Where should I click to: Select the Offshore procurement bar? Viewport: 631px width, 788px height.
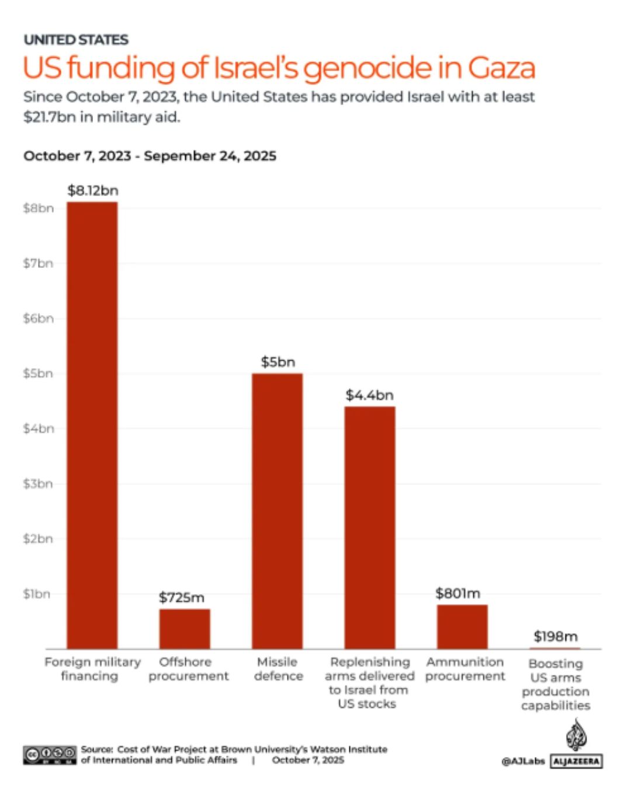coord(185,629)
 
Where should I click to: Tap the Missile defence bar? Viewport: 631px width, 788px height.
coord(277,511)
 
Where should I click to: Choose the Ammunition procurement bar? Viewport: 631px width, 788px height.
coord(462,626)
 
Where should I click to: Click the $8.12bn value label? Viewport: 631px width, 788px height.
coord(92,190)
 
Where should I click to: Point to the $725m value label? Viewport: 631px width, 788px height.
coord(182,597)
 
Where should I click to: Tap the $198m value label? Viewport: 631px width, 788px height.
coord(555,636)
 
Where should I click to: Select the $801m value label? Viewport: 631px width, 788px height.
coord(457,593)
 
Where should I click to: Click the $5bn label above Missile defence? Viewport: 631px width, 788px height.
coord(278,362)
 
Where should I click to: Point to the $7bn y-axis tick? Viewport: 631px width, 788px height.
coord(38,263)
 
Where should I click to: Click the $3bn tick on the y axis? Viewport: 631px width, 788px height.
coord(38,483)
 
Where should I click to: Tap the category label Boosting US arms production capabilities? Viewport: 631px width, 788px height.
coord(555,684)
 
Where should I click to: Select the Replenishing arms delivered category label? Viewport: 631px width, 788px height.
coord(369,682)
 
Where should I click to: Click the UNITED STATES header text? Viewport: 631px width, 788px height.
coord(76,40)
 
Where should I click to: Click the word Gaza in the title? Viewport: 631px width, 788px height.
coord(501,68)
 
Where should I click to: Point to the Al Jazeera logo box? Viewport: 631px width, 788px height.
coord(576,761)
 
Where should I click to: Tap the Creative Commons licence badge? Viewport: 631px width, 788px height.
coord(50,754)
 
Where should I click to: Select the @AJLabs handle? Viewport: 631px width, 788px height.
coord(523,761)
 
